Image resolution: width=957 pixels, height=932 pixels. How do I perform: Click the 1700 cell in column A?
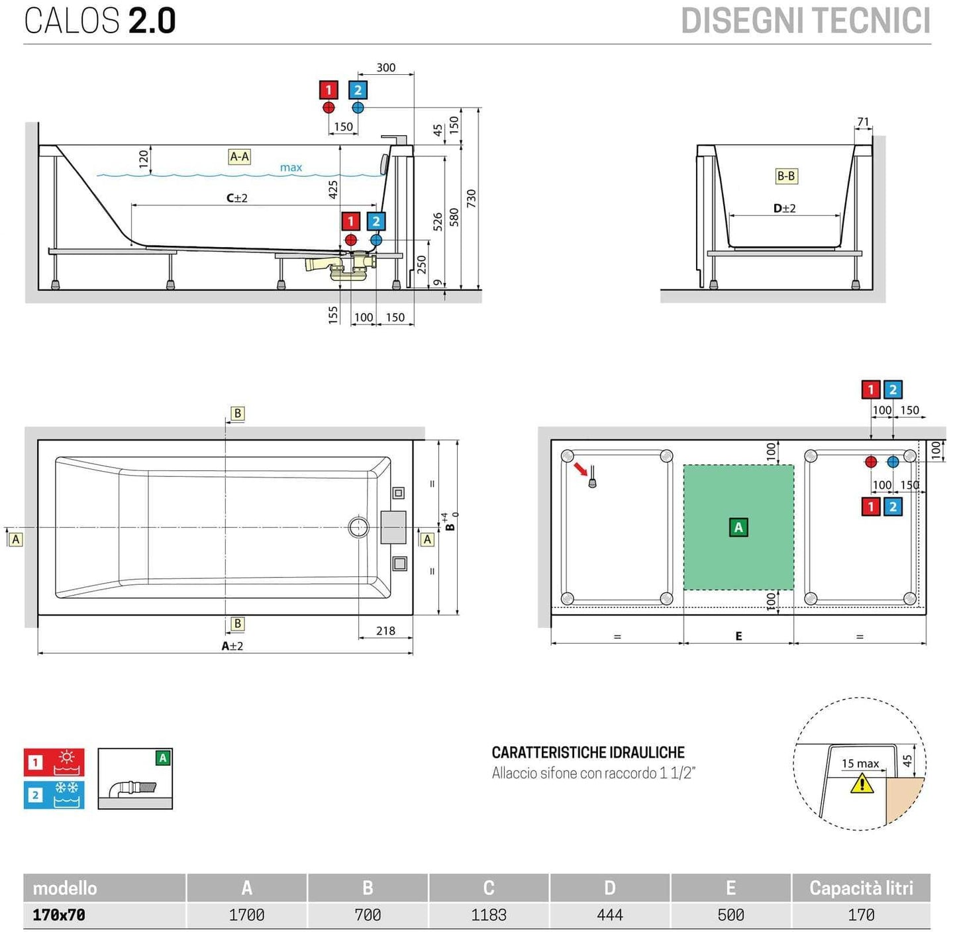[x=246, y=915]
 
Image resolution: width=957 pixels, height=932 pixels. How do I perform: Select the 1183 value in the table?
[x=489, y=915]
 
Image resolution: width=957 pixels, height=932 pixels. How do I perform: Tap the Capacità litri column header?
[x=861, y=888]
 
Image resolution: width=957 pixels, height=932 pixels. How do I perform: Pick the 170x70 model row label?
[x=59, y=915]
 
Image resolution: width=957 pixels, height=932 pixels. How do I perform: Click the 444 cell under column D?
[x=609, y=915]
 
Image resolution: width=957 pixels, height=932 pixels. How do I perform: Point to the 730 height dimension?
[x=471, y=198]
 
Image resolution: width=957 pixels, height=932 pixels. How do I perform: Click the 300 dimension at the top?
[x=385, y=68]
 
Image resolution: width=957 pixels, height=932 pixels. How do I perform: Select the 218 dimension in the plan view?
[x=385, y=631]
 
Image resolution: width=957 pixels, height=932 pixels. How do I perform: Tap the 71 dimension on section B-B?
[x=863, y=122]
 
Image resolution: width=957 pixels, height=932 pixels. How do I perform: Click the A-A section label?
[x=239, y=157]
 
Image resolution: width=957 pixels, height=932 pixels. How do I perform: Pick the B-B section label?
[x=786, y=176]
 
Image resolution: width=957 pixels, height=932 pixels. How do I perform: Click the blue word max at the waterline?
[x=291, y=168]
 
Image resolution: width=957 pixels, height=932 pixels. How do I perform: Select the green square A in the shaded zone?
[x=738, y=527]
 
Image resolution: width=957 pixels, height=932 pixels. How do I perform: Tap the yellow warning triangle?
[x=862, y=784]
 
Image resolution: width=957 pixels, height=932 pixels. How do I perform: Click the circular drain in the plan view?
[x=358, y=527]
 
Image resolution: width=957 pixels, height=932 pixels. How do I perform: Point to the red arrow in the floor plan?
[x=581, y=469]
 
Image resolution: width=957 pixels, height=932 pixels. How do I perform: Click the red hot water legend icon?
[x=54, y=762]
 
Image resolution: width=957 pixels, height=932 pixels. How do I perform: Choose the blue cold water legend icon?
[x=54, y=795]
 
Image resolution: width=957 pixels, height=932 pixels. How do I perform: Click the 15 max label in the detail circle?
[x=860, y=764]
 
